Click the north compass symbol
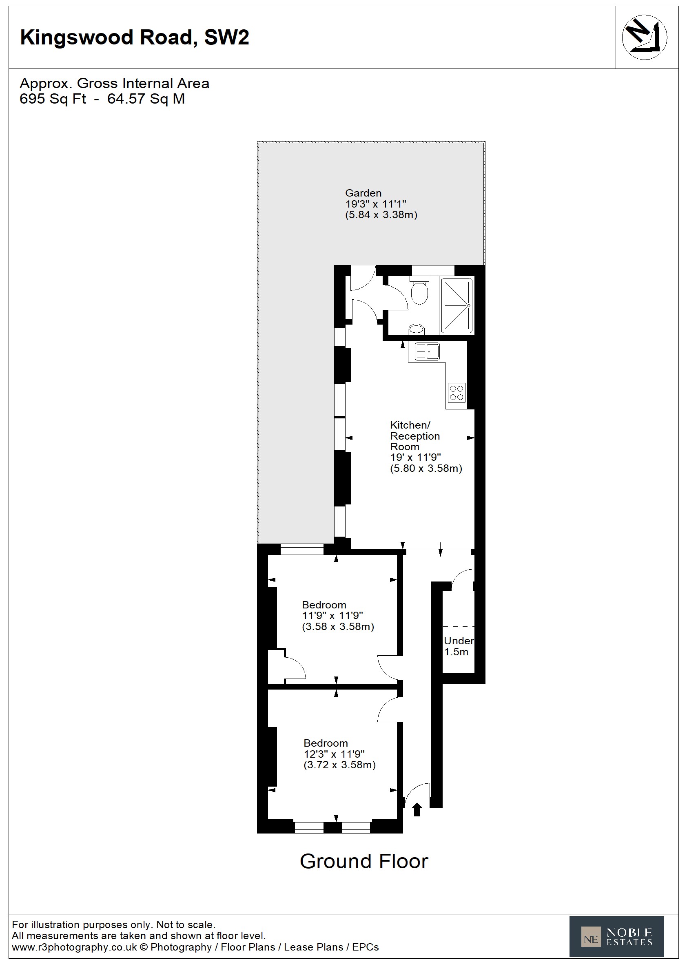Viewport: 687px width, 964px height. [x=644, y=37]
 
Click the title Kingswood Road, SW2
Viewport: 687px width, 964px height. [x=135, y=38]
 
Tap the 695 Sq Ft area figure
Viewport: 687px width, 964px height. [x=53, y=99]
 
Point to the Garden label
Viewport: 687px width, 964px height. [x=363, y=193]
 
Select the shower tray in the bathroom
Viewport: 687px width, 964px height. [x=457, y=305]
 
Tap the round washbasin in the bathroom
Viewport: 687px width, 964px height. [x=416, y=329]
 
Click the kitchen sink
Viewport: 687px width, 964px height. [x=427, y=352]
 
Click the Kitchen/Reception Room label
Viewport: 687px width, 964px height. [x=414, y=436]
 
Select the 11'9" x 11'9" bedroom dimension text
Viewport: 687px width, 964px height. [x=332, y=616]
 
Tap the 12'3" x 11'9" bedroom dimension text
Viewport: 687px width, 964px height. [x=334, y=754]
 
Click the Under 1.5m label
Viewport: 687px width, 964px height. [x=459, y=646]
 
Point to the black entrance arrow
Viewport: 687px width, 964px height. [x=417, y=809]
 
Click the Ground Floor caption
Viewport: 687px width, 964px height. [x=364, y=861]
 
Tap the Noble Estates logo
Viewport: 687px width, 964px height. [x=616, y=937]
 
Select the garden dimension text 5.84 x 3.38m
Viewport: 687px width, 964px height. [x=381, y=215]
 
